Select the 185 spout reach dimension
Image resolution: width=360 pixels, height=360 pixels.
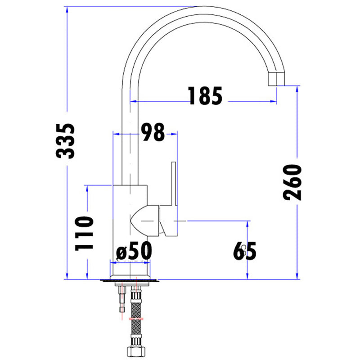[x=205, y=96]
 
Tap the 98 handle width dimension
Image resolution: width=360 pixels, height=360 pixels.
[x=152, y=132]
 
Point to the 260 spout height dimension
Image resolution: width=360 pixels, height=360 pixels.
[x=293, y=183]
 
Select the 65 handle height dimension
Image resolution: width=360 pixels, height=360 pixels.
[x=245, y=251]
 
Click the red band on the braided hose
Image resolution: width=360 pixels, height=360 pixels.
[x=136, y=319]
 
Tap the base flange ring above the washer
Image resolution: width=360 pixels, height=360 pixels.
[x=130, y=271]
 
